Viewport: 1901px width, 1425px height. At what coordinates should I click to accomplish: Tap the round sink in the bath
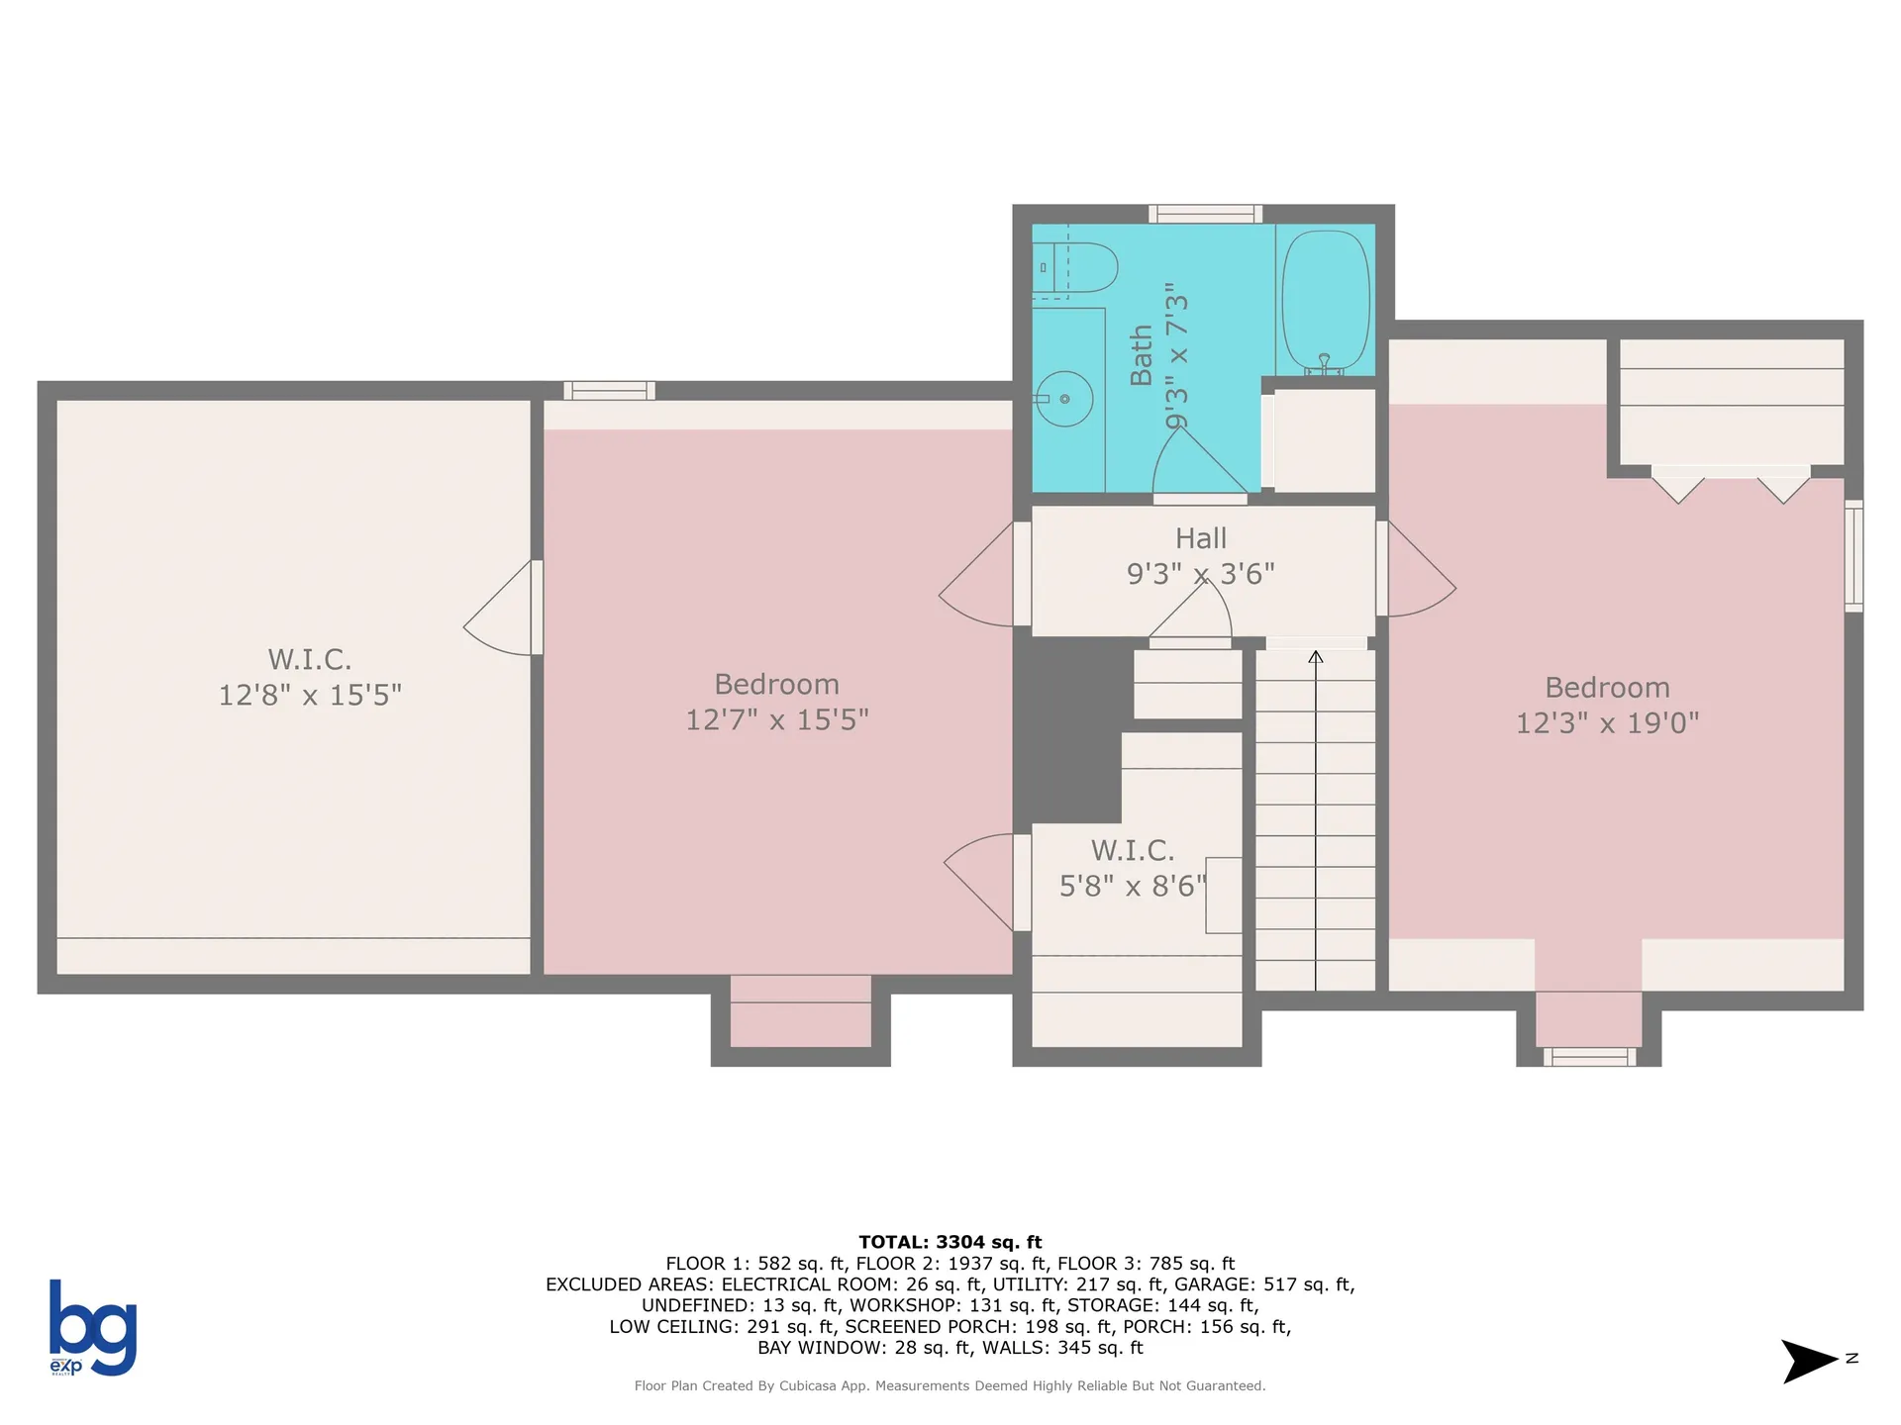tap(1064, 399)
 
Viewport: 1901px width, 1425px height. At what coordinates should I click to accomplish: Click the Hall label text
tap(1200, 538)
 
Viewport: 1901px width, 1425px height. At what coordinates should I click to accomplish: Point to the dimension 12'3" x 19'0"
tap(1607, 723)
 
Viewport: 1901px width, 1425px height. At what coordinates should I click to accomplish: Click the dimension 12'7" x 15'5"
tap(776, 719)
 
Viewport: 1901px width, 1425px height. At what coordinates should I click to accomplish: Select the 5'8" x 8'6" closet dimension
tap(1132, 886)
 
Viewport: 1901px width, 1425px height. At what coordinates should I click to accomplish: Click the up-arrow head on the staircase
tap(1315, 657)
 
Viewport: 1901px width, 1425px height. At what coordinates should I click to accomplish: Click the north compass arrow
tap(1809, 1361)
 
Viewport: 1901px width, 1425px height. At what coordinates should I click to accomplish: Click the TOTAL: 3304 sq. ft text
tap(950, 1242)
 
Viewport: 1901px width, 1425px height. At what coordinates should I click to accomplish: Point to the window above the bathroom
tap(1205, 214)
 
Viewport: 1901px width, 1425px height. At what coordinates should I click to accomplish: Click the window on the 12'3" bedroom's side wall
tap(1853, 555)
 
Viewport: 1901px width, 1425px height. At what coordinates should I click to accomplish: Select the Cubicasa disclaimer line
tap(950, 1385)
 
